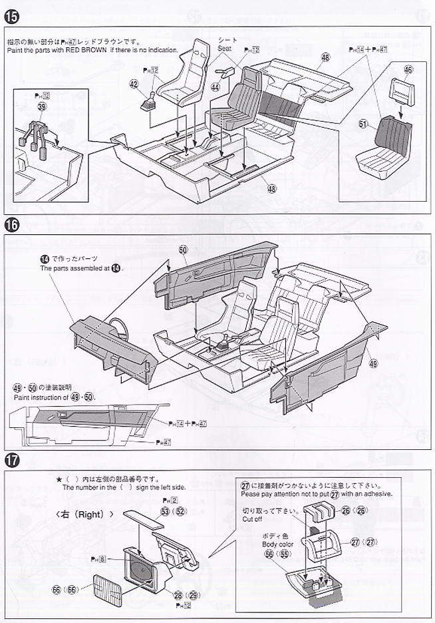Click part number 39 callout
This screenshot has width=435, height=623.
coord(43,107)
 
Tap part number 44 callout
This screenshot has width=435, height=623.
coord(216,87)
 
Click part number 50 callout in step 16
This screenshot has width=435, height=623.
coord(184,249)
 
